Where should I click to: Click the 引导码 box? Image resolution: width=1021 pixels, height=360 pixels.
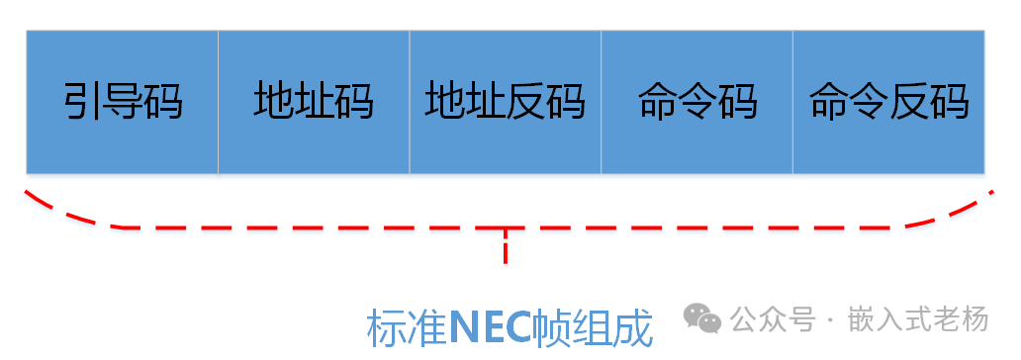click(123, 102)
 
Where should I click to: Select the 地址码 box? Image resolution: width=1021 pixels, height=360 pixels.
click(314, 102)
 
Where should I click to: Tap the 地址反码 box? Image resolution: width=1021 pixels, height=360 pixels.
click(506, 102)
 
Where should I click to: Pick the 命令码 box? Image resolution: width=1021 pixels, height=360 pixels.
click(696, 102)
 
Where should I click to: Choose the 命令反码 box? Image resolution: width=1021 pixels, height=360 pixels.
click(888, 102)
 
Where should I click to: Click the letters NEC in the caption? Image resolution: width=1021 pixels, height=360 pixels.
click(491, 328)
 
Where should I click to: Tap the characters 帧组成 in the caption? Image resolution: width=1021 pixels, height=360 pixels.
click(593, 328)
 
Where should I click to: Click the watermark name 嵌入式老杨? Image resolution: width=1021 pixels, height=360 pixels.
click(918, 319)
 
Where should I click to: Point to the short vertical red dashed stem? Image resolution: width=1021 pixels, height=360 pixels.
click(506, 245)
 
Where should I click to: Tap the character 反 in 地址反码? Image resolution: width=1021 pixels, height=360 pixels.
click(525, 102)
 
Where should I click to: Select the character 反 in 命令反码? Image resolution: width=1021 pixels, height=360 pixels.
click(908, 102)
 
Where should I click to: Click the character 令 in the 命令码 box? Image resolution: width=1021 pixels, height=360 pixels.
click(696, 102)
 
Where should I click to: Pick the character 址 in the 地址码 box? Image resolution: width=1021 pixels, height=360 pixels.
click(314, 102)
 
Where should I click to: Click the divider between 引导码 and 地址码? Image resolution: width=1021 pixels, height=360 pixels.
click(218, 102)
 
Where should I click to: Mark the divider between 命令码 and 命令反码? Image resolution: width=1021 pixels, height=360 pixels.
click(792, 102)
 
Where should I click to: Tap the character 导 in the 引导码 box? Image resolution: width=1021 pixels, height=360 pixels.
click(123, 102)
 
